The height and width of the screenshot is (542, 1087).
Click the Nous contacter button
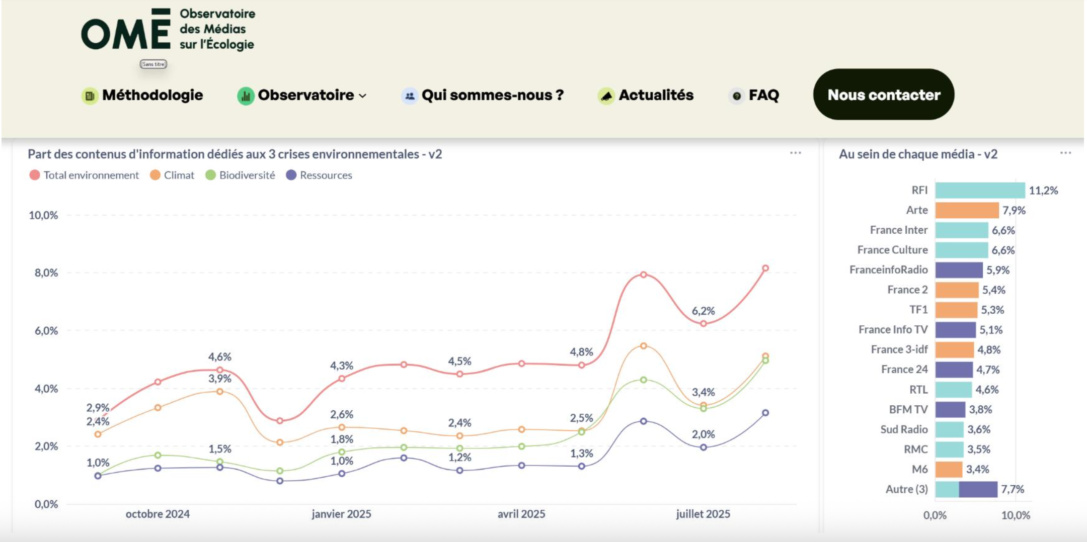pos(883,95)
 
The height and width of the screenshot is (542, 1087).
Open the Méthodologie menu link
pos(152,95)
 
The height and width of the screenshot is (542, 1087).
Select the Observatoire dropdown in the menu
pos(306,95)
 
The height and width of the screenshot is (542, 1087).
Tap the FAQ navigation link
pos(763,95)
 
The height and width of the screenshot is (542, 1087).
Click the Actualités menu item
pos(656,95)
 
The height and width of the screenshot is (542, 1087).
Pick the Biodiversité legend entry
pos(247,175)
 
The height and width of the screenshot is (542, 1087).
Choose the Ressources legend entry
pos(326,175)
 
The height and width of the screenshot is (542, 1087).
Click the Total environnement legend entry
pos(91,175)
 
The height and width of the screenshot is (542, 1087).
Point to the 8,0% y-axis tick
pos(46,273)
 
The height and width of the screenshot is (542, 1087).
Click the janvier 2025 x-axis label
pos(341,514)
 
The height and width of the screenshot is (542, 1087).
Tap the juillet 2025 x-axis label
pos(703,514)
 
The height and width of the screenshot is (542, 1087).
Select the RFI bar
pos(980,191)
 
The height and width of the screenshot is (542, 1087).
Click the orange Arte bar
pos(967,210)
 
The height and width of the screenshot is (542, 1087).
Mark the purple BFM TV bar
pos(950,409)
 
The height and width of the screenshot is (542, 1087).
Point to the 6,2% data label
pos(703,311)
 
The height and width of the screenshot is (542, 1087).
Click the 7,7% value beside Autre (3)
pos(1012,489)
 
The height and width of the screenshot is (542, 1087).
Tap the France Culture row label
pos(892,250)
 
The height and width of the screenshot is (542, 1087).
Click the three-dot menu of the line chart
pos(795,153)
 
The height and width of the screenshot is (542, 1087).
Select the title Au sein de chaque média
pos(917,154)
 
